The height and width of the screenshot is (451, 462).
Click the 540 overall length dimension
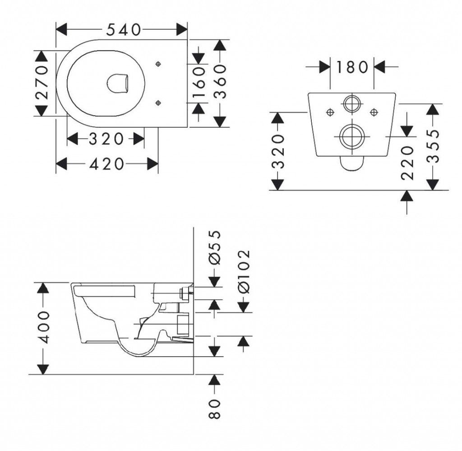123,30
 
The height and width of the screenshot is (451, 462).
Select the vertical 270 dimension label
42,82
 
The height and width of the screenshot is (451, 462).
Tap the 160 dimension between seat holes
199,83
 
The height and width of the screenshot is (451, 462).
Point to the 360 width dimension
220,82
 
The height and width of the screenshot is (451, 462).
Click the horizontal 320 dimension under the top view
106,139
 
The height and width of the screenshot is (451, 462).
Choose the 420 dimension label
106,164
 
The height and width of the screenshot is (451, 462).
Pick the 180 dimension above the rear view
351,67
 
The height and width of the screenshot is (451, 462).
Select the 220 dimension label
407,163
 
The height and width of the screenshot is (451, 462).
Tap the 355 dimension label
433,146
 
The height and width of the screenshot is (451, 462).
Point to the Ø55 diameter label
215,247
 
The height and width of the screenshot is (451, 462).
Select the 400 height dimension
43,327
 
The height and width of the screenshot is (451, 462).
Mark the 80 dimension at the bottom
215,409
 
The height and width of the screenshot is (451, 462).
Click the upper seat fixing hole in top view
157,65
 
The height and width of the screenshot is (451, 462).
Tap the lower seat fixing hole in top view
157,103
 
